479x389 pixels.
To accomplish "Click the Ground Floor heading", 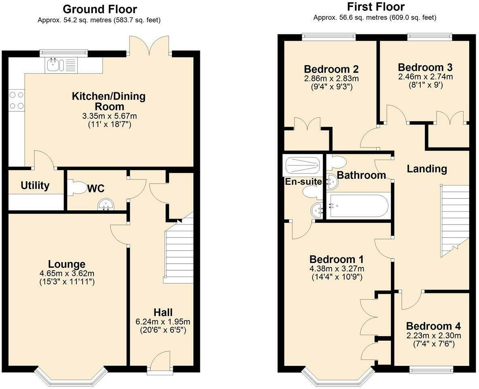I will click(x=100, y=9).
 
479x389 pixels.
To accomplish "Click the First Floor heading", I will click(x=375, y=7).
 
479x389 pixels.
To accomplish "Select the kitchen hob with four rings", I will click(x=16, y=100).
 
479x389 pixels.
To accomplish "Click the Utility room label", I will click(x=35, y=186).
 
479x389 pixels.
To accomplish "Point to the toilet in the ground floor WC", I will click(x=75, y=188).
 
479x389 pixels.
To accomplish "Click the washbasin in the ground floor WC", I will click(x=106, y=205).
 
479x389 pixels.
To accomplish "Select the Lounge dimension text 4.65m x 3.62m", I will click(x=67, y=274).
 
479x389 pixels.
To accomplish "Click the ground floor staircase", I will click(x=178, y=251).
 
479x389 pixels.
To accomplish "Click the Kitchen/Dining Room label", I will click(x=108, y=101).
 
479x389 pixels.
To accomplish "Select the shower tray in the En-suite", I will click(x=303, y=165).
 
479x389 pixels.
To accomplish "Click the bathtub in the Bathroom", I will click(x=358, y=206).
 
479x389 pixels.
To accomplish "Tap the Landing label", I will click(x=427, y=169).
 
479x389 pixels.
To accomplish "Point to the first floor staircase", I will click(x=455, y=219).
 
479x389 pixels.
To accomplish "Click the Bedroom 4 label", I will click(x=433, y=326).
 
